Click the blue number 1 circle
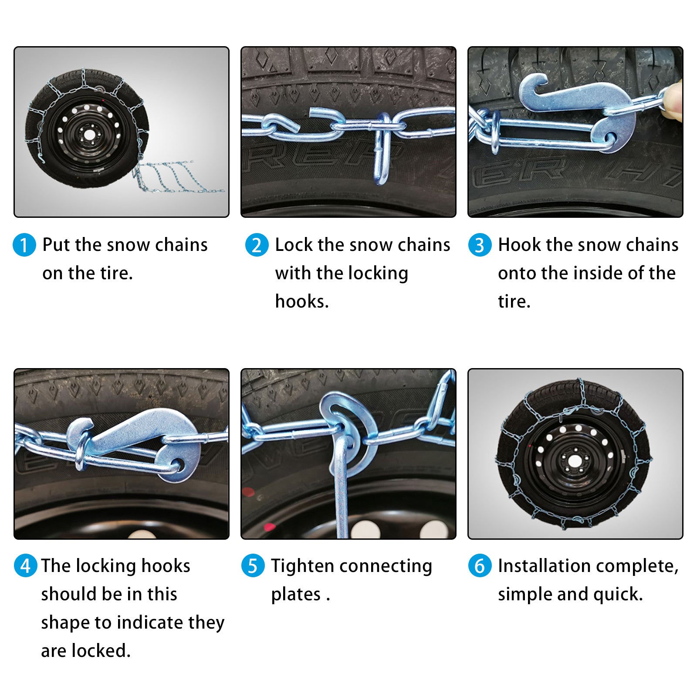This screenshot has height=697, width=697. tap(24, 245)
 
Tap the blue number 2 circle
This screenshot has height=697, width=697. tap(257, 245)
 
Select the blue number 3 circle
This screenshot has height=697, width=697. tap(480, 245)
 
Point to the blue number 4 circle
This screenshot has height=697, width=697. tap(26, 566)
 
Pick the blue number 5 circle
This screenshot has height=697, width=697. tap(253, 566)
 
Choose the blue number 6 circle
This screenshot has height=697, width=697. tap(480, 566)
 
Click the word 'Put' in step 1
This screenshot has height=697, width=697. tap(56, 245)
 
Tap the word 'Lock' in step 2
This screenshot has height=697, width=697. tap(294, 245)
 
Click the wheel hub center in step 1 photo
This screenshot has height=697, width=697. tap(89, 135)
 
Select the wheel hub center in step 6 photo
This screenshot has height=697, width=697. tap(575, 460)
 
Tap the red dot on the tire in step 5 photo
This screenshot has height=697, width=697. tap(248, 493)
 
